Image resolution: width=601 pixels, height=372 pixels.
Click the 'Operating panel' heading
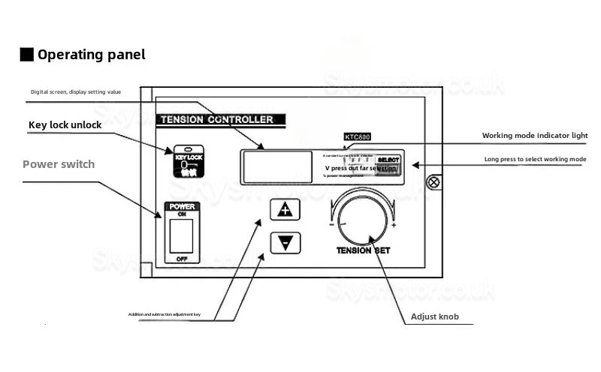pyautogui.click(x=91, y=55)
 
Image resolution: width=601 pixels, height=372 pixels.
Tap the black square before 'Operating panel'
pyautogui.click(x=26, y=55)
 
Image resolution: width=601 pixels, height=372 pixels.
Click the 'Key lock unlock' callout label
pyautogui.click(x=65, y=125)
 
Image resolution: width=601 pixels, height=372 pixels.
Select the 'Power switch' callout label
pyautogui.click(x=59, y=164)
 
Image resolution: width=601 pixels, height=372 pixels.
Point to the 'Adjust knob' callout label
pyautogui.click(x=434, y=316)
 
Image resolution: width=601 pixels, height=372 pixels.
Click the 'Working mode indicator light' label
pyautogui.click(x=534, y=136)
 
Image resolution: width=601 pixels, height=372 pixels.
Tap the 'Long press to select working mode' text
pyautogui.click(x=535, y=160)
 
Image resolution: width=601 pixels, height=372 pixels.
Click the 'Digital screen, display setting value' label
pyautogui.click(x=75, y=92)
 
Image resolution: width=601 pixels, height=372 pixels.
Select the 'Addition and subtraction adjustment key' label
pyautogui.click(x=174, y=313)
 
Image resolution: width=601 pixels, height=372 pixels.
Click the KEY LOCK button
pyautogui.click(x=184, y=160)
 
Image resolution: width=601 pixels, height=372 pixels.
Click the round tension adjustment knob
pyautogui.click(x=364, y=217)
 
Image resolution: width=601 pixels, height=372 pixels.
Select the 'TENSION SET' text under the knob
pyautogui.click(x=364, y=251)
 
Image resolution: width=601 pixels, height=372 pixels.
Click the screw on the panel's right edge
pyautogui.click(x=433, y=181)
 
